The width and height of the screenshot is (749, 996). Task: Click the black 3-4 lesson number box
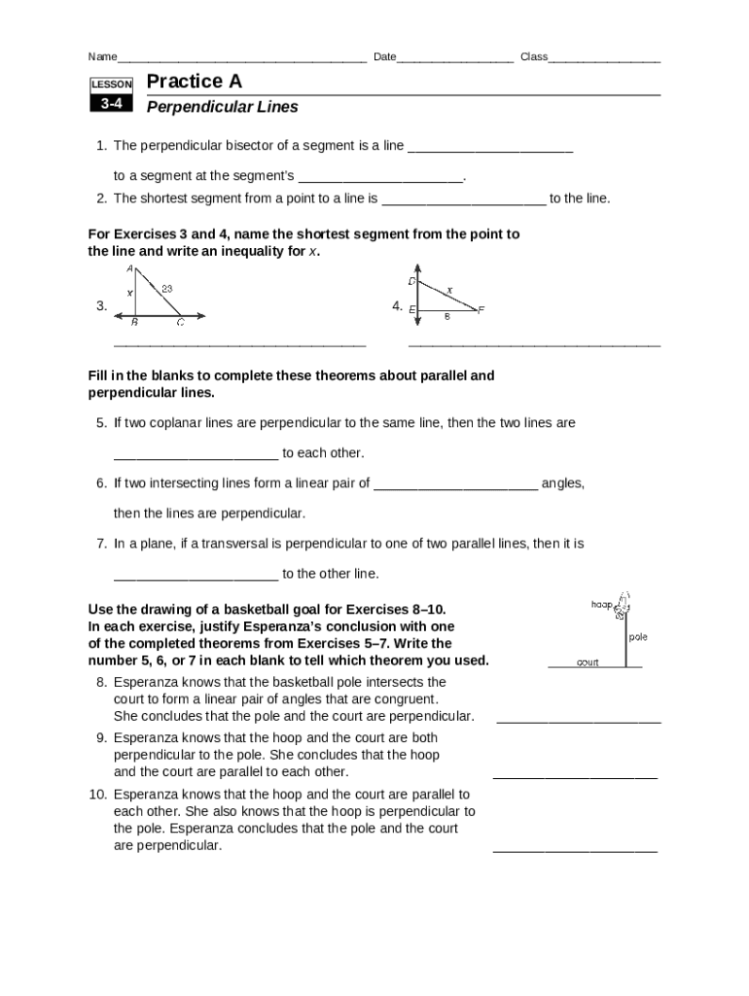tap(110, 103)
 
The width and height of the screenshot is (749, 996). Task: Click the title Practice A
tap(194, 82)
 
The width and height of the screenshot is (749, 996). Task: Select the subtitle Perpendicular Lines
tap(222, 107)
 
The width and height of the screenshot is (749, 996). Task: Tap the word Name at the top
tap(102, 56)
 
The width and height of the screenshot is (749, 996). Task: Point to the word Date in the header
tap(384, 56)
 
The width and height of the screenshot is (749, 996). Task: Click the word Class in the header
tap(534, 56)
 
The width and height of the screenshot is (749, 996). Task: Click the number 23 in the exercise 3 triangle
tap(167, 288)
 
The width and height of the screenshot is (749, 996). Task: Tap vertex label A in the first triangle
tap(129, 268)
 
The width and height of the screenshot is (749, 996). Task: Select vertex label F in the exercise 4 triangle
tap(481, 309)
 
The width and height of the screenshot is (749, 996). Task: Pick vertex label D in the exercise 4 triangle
tap(411, 281)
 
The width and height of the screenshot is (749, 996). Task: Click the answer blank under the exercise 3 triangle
tap(239, 342)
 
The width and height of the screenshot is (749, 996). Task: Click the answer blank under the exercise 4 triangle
tap(534, 342)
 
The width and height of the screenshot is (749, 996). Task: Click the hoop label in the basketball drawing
tap(601, 605)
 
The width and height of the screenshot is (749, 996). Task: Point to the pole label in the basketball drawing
tap(637, 637)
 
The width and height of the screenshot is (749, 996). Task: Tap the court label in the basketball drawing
tap(588, 662)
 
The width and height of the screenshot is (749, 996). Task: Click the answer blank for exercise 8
tap(579, 721)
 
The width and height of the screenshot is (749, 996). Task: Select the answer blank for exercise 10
tap(575, 849)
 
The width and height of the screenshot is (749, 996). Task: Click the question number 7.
tap(100, 544)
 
